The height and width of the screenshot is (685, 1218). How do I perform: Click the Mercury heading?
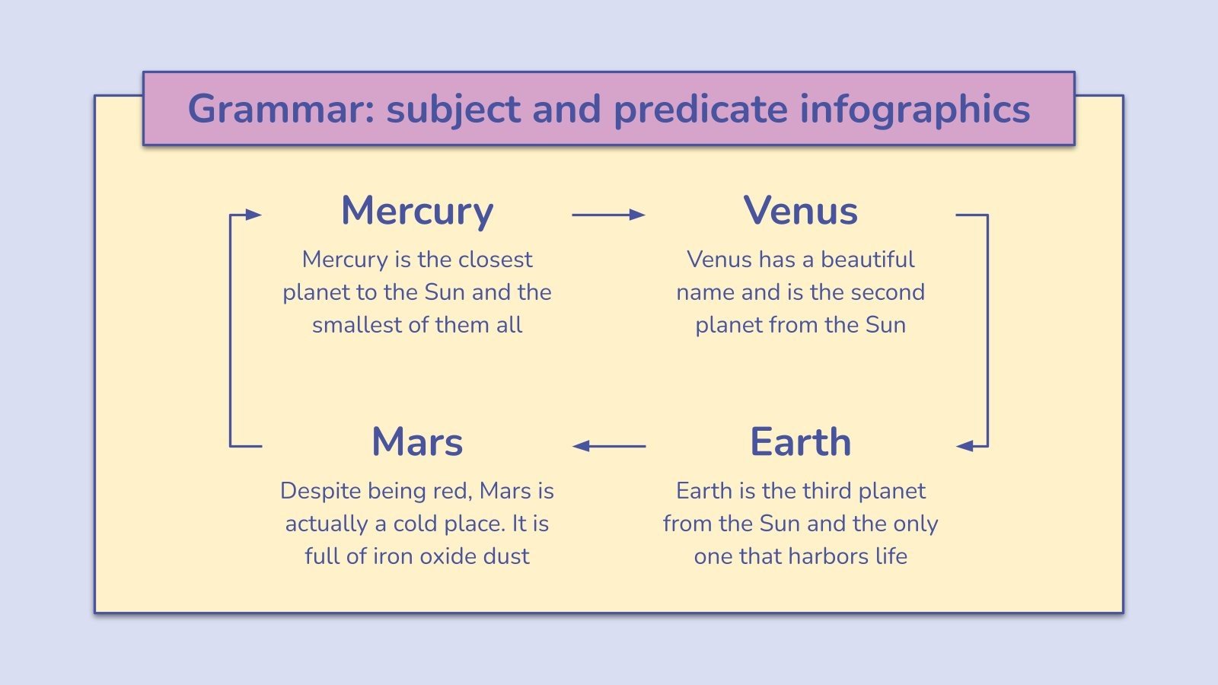coord(417,212)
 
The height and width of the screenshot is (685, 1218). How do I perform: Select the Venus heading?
coord(800,211)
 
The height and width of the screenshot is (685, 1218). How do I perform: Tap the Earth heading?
coord(800,442)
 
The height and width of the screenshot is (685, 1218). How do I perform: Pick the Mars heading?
coord(417,442)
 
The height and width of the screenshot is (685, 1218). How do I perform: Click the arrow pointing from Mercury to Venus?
coord(608,215)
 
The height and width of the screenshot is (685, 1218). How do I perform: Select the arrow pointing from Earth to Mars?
coord(609,446)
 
